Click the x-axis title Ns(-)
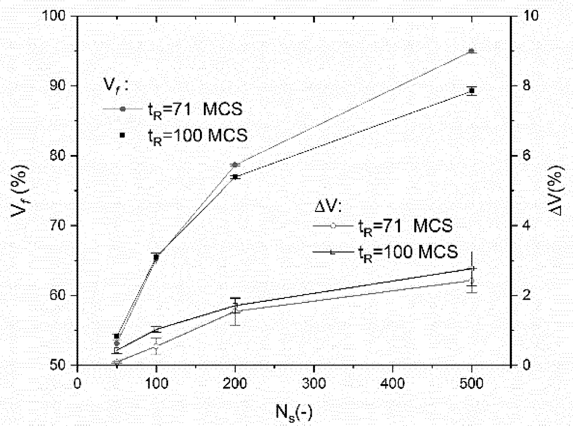pyautogui.click(x=294, y=412)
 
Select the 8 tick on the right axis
pyautogui.click(x=523, y=86)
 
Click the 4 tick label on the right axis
pyautogui.click(x=523, y=226)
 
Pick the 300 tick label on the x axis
pyautogui.click(x=314, y=383)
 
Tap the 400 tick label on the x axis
pyautogui.click(x=393, y=383)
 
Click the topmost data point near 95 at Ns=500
pyautogui.click(x=471, y=51)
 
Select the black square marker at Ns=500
pyautogui.click(x=471, y=91)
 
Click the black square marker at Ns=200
pyautogui.click(x=235, y=177)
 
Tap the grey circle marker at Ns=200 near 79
pyautogui.click(x=234, y=165)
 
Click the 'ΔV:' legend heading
pyautogui.click(x=328, y=207)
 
